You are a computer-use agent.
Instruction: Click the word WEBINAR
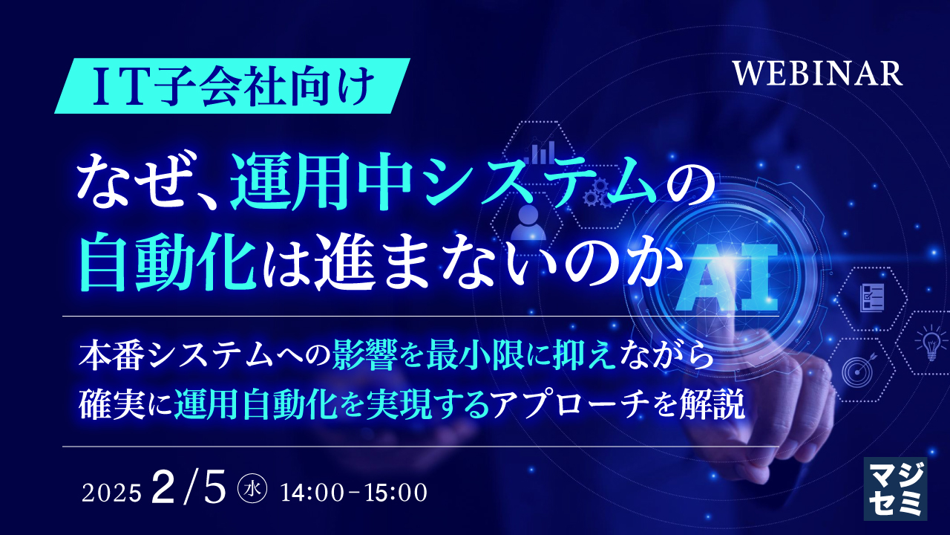tap(817, 74)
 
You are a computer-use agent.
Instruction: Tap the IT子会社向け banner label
tap(230, 86)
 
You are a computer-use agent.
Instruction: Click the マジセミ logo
tap(894, 487)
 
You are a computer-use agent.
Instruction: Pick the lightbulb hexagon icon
tap(929, 343)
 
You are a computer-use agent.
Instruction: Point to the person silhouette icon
tap(530, 221)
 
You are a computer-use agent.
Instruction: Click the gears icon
tap(594, 194)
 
